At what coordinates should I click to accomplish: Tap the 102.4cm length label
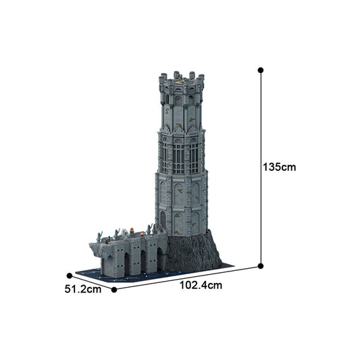(x=201, y=286)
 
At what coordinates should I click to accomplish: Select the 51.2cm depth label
(x=83, y=290)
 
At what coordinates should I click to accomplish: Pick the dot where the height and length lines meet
(x=261, y=267)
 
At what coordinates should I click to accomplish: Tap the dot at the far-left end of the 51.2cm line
(x=69, y=275)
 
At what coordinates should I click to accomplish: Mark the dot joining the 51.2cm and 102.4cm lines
(x=114, y=290)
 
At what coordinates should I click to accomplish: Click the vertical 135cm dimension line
(x=261, y=169)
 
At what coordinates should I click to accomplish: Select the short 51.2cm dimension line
(x=91, y=282)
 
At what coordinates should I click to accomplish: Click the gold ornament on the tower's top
(x=180, y=82)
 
